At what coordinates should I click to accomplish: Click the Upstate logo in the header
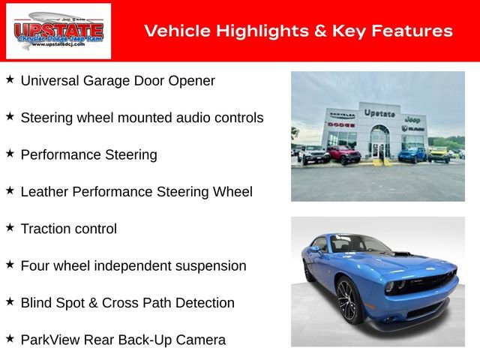click(x=58, y=31)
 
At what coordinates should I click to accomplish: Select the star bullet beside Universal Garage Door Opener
click(x=10, y=79)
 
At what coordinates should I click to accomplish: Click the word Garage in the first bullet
click(x=112, y=81)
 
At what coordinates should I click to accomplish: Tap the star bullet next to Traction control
click(x=10, y=227)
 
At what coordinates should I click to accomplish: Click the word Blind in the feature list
click(x=35, y=303)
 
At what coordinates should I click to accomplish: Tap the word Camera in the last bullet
click(x=200, y=340)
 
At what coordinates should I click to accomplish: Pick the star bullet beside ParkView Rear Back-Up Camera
click(x=10, y=338)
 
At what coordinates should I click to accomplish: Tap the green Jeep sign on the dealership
click(x=412, y=119)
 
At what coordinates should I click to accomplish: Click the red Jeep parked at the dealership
click(x=343, y=154)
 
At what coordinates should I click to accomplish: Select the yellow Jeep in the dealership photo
click(x=439, y=154)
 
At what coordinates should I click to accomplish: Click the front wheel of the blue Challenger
click(x=347, y=300)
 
